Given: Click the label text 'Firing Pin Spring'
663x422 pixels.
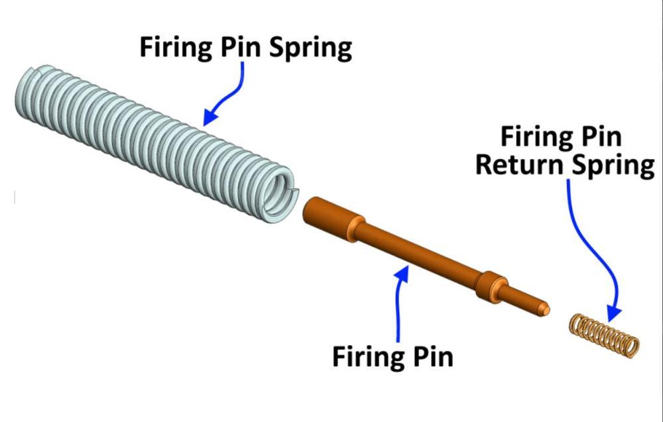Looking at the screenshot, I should (x=245, y=48).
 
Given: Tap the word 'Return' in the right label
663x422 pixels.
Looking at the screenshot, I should (x=519, y=165).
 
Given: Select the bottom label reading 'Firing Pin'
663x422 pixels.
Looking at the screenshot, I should (x=392, y=356).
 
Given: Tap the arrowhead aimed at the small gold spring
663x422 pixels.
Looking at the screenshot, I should (x=613, y=311).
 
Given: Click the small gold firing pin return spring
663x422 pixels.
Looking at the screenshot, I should (x=605, y=335).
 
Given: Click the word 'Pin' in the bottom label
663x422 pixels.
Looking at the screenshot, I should (x=433, y=356).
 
